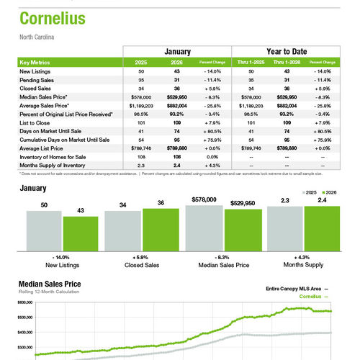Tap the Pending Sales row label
coord(40,80)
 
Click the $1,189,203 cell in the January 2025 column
coord(141,105)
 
